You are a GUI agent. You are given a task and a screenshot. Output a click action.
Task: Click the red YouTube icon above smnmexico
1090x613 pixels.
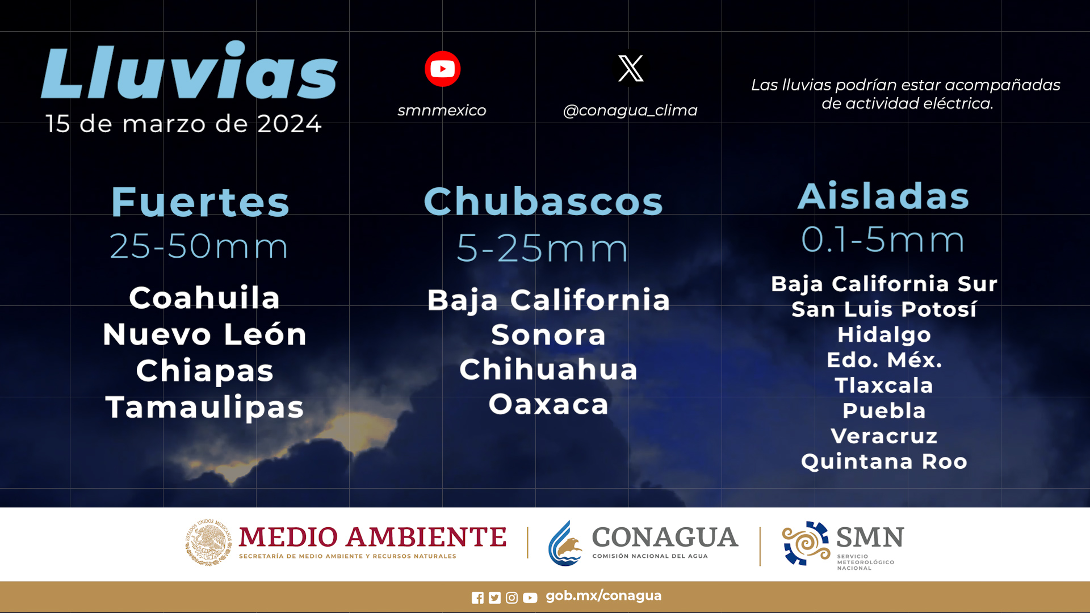pyautogui.click(x=442, y=69)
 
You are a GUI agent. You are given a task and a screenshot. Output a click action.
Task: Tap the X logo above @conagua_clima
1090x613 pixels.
pyautogui.click(x=631, y=68)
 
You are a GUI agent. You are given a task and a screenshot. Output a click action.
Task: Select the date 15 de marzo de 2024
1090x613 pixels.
pyautogui.click(x=183, y=124)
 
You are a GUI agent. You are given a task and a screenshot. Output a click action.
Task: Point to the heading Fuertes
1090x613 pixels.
pyautogui.click(x=200, y=202)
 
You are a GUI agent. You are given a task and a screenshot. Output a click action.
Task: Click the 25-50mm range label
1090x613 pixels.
pyautogui.click(x=199, y=246)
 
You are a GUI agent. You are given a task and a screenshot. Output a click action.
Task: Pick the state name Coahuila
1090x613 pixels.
pyautogui.click(x=204, y=297)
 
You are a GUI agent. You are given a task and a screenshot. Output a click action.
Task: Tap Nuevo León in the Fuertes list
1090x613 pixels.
pyautogui.click(x=205, y=334)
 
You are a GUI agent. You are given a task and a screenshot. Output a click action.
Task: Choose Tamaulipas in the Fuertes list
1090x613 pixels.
pyautogui.click(x=205, y=408)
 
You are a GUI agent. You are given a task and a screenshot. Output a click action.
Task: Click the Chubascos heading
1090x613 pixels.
pyautogui.click(x=543, y=201)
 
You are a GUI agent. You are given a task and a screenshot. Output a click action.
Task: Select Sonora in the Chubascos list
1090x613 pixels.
pyautogui.click(x=548, y=335)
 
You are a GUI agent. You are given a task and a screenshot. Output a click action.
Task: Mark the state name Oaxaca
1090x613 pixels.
pyautogui.click(x=548, y=404)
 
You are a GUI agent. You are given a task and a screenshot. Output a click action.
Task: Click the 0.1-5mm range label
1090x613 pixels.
pyautogui.click(x=883, y=239)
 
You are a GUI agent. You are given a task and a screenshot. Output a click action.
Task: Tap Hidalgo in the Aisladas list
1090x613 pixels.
pyautogui.click(x=884, y=334)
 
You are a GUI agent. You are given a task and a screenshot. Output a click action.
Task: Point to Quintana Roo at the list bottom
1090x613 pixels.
pyautogui.click(x=884, y=461)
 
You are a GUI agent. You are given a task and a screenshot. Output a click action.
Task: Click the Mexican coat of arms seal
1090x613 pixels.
pyautogui.click(x=208, y=542)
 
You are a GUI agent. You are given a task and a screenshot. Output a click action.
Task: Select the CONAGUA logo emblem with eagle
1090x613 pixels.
pyautogui.click(x=565, y=543)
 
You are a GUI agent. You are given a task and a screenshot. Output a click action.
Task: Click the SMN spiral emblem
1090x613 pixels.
pyautogui.click(x=806, y=543)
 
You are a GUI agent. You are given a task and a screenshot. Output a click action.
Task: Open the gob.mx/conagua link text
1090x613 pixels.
pyautogui.click(x=603, y=596)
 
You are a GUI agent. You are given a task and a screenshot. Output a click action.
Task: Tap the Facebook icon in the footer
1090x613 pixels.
pyautogui.click(x=477, y=598)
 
